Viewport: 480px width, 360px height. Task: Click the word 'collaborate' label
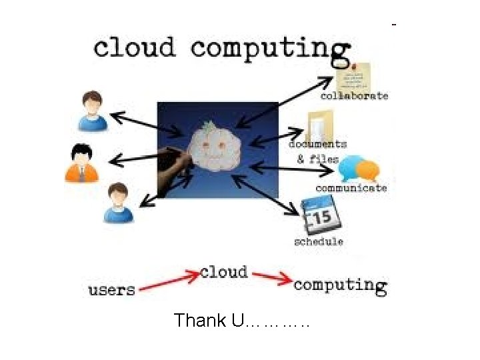click(x=353, y=95)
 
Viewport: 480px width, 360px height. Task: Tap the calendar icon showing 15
click(x=320, y=217)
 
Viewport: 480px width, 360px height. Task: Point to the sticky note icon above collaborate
click(x=353, y=76)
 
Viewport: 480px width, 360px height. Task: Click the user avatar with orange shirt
click(x=81, y=163)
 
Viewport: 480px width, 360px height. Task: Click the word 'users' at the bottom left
click(x=111, y=290)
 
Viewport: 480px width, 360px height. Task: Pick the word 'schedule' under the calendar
click(x=319, y=241)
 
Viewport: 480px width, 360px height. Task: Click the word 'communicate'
click(x=351, y=188)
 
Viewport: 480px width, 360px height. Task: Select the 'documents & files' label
click(x=317, y=151)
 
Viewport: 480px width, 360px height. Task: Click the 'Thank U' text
click(x=241, y=321)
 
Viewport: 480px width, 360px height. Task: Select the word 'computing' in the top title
click(x=270, y=48)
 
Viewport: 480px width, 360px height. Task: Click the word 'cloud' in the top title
click(x=134, y=48)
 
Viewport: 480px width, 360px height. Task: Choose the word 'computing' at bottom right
click(x=339, y=285)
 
